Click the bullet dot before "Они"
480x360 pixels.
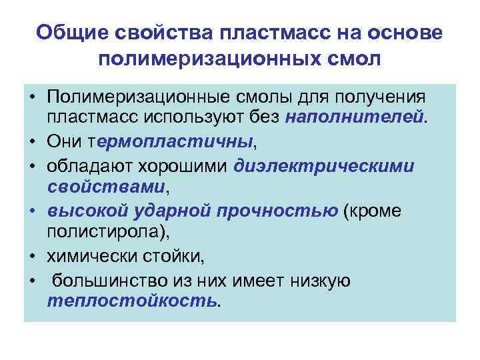[x=32, y=141]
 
